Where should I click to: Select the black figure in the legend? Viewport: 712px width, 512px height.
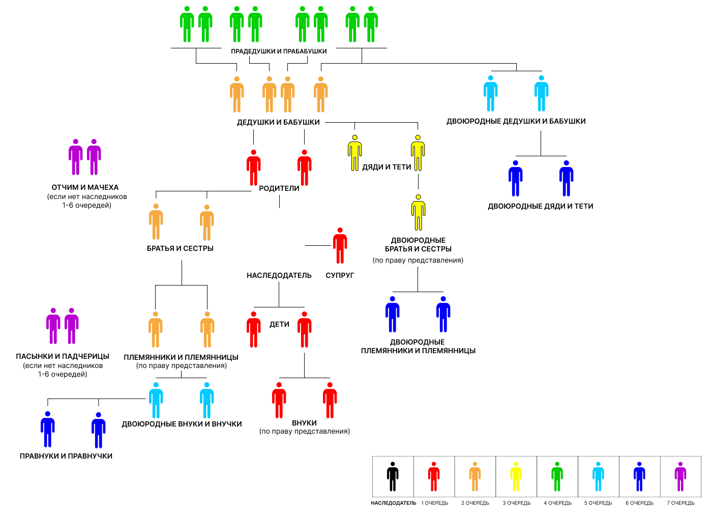click(393, 476)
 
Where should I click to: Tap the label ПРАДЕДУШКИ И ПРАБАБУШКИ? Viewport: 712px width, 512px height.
click(279, 51)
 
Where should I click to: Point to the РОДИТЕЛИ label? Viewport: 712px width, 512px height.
click(279, 188)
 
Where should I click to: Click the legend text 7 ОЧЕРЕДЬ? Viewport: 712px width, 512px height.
click(680, 503)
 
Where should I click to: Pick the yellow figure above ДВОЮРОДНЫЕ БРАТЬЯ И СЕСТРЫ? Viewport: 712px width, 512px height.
click(418, 213)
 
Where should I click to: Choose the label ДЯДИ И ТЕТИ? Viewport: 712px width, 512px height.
click(387, 167)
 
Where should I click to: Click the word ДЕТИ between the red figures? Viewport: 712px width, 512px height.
click(279, 324)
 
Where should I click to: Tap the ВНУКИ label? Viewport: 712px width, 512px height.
click(304, 423)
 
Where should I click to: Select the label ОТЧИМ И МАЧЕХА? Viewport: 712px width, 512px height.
click(85, 187)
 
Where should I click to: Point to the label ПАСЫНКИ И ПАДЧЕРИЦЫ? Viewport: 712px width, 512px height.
click(63, 356)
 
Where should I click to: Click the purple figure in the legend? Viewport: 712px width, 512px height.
click(680, 476)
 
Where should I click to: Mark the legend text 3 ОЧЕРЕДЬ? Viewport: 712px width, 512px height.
click(516, 503)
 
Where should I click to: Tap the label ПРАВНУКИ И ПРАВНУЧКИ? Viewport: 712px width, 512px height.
click(66, 456)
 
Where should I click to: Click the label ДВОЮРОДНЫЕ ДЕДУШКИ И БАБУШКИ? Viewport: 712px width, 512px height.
click(516, 121)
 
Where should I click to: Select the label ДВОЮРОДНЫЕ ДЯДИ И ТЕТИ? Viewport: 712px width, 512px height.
click(541, 206)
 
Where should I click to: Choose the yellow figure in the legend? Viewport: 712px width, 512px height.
click(516, 476)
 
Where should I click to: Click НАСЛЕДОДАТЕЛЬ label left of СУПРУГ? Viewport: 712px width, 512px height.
click(279, 275)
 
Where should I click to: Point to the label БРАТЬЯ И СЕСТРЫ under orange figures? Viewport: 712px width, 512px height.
click(180, 248)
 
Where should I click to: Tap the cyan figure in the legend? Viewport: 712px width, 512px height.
click(599, 476)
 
